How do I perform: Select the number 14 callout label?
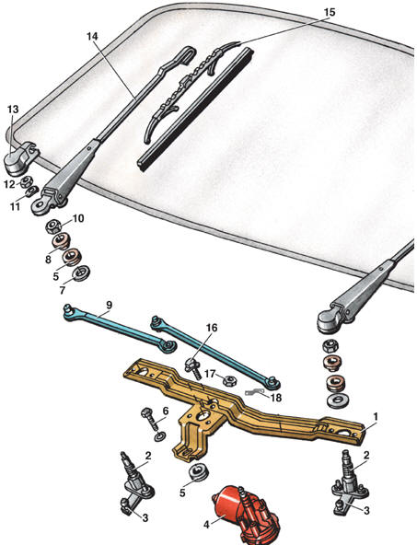coord(92,36)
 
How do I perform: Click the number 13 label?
coord(13,110)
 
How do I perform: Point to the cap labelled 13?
coord(21,160)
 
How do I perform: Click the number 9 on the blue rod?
coord(110,305)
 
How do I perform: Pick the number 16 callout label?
coord(212,328)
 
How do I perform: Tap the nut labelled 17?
coord(229,381)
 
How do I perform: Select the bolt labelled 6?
coord(152,422)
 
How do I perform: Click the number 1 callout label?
coord(376,416)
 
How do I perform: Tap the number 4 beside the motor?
coord(206,525)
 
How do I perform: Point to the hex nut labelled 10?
coord(54,227)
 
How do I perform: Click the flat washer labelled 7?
coord(81,273)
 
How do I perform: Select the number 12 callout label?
coord(10,184)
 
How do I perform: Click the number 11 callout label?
coord(15,206)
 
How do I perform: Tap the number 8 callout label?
coord(48,259)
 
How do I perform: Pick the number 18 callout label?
coord(276,398)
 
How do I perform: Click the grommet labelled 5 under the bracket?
coord(199,471)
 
